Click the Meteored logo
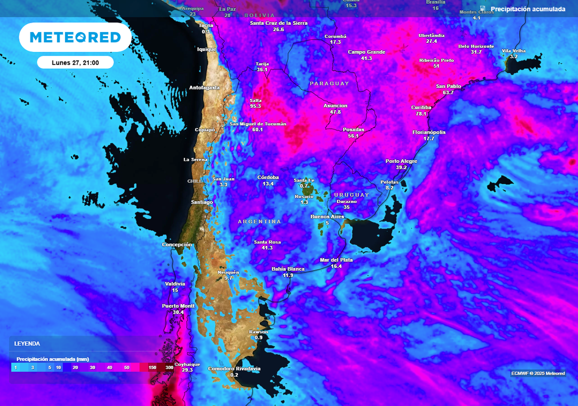75,37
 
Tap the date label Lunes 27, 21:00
75,63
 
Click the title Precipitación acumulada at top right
527,9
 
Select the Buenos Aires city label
327,217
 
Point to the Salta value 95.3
256,106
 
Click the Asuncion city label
335,105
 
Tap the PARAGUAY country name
330,83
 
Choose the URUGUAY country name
351,195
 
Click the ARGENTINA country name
260,222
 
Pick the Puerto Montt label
178,306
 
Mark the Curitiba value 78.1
421,113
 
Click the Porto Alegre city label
401,161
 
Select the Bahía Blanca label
288,269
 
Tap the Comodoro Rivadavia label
234,369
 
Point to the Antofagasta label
204,87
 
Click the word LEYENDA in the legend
27,343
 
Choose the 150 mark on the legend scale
152,367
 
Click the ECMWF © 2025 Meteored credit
538,373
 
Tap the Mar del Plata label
336,259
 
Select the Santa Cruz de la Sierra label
278,23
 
